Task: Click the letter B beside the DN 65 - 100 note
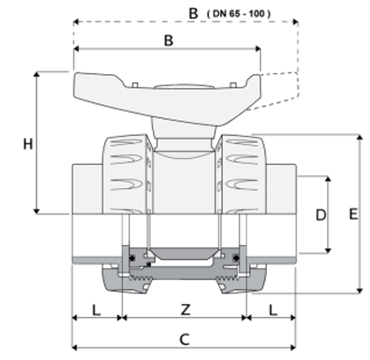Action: pyautogui.click(x=194, y=12)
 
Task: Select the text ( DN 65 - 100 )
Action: pyautogui.click(x=239, y=13)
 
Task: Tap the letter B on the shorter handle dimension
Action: pyautogui.click(x=168, y=40)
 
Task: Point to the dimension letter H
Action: pyautogui.click(x=27, y=144)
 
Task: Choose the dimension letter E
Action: pyautogui.click(x=353, y=215)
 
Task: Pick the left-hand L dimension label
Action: pyautogui.click(x=96, y=310)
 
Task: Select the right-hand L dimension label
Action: pyautogui.click(x=272, y=310)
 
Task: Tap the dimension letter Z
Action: pyautogui.click(x=185, y=310)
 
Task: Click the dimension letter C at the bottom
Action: pyautogui.click(x=184, y=340)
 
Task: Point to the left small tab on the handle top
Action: pyautogui.click(x=135, y=84)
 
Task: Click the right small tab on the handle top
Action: pyautogui.click(x=233, y=84)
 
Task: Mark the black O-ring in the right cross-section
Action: pyautogui.click(x=237, y=258)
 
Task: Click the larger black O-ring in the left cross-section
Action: pyautogui.click(x=134, y=258)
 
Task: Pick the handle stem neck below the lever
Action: pyautogui.click(x=184, y=130)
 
